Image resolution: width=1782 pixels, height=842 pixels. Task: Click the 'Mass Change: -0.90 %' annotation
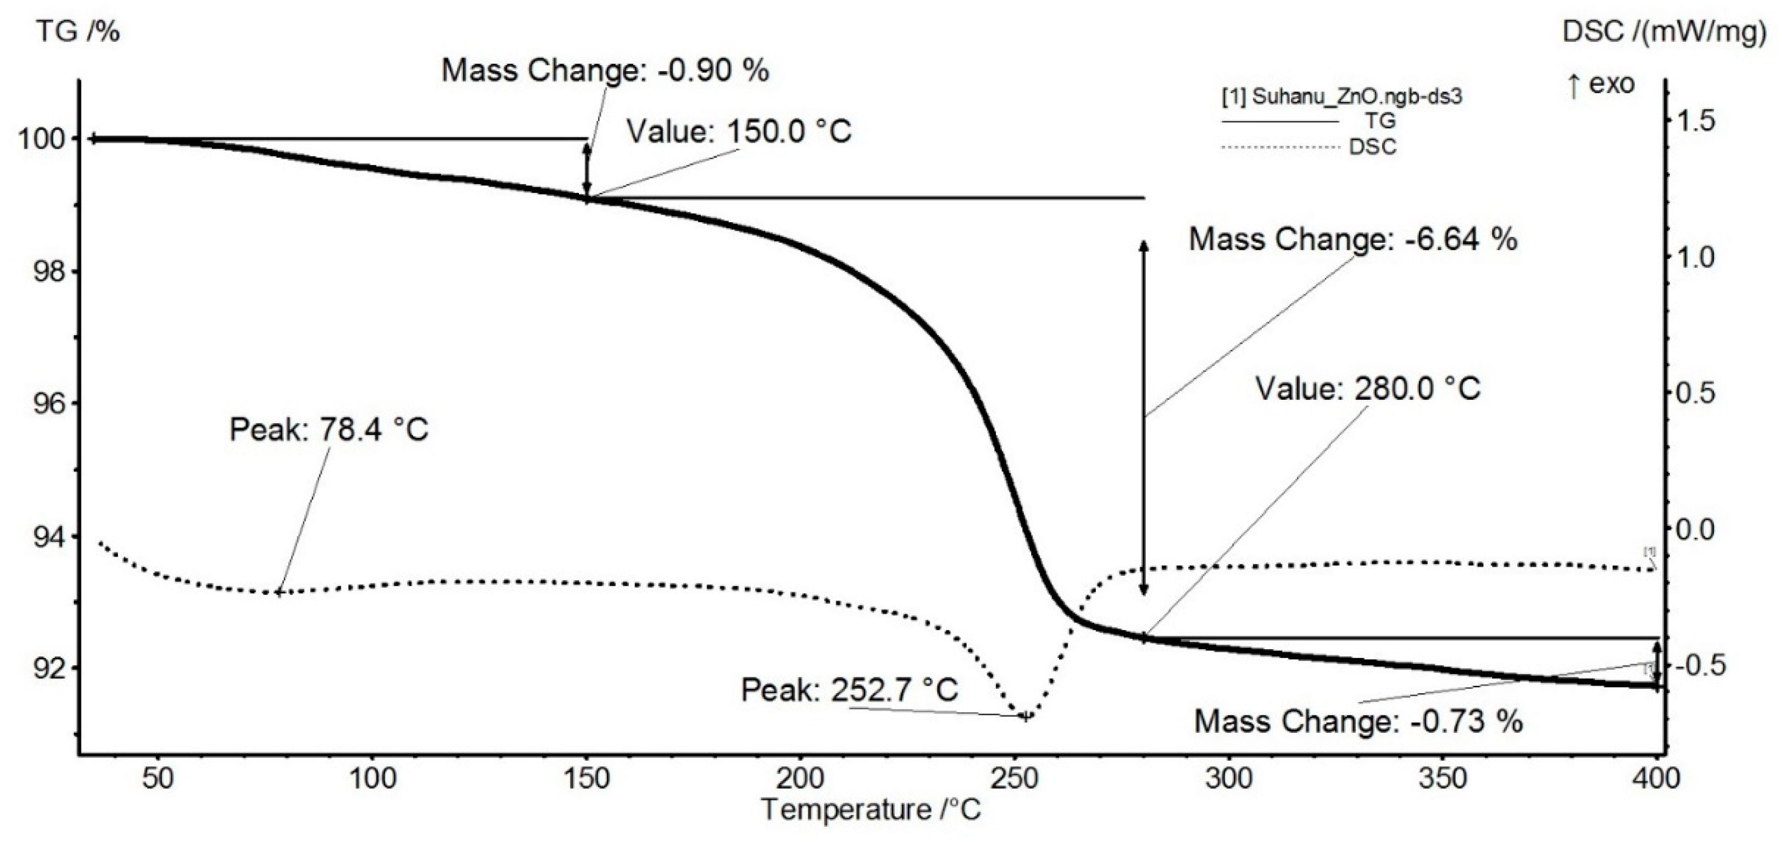[x=605, y=71]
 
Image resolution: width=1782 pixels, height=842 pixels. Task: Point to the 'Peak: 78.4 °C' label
[x=328, y=430]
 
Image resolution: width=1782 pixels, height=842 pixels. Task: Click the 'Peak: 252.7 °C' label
[x=850, y=690]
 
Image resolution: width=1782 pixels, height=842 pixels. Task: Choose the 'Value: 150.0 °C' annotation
[x=738, y=131]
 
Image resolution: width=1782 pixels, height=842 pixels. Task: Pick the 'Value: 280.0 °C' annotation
[x=1368, y=388]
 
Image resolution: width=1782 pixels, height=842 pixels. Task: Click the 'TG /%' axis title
[x=78, y=31]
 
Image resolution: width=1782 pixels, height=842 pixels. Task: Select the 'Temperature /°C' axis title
[x=871, y=809]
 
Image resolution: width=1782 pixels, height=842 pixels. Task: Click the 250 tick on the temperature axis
[x=1014, y=779]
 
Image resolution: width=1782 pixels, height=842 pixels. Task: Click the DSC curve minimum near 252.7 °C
[x=1025, y=716]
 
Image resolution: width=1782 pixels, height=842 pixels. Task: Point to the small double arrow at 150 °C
[x=587, y=169]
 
